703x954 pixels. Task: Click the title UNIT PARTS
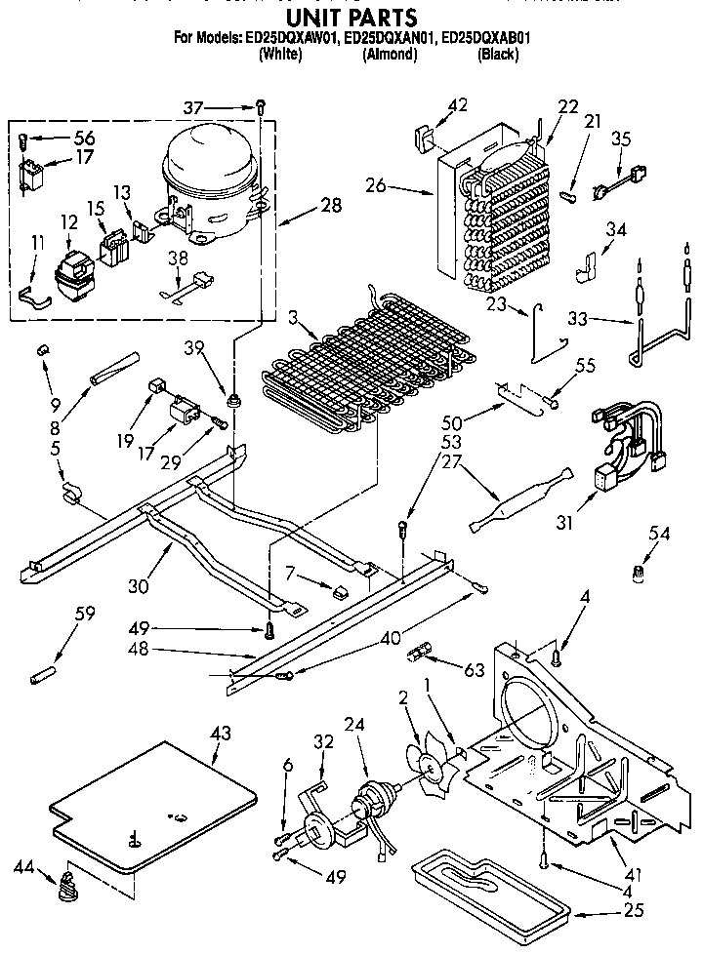pos(351,18)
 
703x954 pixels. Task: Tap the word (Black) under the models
pos(497,55)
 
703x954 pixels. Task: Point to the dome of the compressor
pos(208,156)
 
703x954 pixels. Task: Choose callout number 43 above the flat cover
pos(221,734)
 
